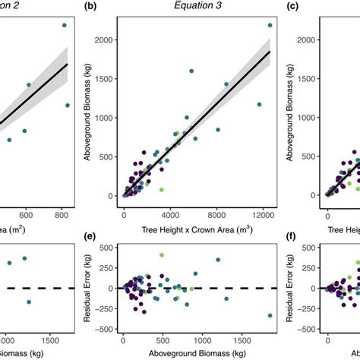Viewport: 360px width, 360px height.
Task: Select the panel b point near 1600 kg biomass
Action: click(191, 71)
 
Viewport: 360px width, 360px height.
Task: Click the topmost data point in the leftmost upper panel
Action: click(65, 25)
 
